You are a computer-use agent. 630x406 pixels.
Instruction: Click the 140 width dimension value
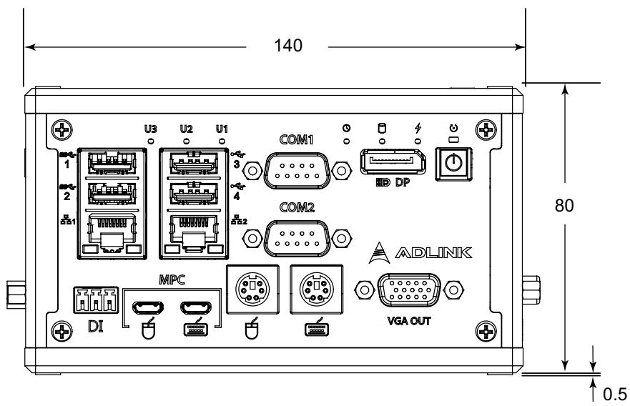(x=287, y=45)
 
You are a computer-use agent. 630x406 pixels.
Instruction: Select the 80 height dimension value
(x=564, y=205)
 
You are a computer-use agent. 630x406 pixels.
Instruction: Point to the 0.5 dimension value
(x=615, y=394)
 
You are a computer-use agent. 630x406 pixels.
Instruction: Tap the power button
(x=454, y=164)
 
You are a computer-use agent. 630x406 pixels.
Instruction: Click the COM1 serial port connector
(x=297, y=170)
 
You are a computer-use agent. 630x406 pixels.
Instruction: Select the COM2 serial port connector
(x=297, y=238)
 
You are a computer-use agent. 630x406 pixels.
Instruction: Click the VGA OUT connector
(x=409, y=290)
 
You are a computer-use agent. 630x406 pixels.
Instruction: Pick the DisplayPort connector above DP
(x=393, y=162)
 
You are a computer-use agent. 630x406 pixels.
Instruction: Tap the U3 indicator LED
(x=151, y=141)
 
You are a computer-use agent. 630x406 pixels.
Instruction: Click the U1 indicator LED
(x=222, y=141)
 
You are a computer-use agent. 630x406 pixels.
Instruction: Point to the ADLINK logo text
(x=433, y=252)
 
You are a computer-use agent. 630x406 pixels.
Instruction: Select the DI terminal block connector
(x=96, y=299)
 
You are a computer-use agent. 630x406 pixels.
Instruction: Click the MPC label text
(x=172, y=279)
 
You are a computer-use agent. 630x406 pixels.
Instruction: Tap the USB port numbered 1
(x=112, y=163)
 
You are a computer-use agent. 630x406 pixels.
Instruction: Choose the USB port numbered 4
(x=194, y=194)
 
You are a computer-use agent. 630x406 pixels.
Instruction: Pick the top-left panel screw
(x=62, y=130)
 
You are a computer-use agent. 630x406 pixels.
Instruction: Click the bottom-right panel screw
(x=486, y=332)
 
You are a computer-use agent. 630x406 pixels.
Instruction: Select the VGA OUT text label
(x=409, y=321)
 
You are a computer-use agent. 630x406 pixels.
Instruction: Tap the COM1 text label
(x=297, y=140)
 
